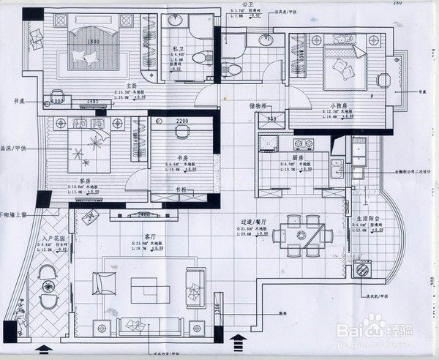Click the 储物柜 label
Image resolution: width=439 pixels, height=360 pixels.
(259, 107)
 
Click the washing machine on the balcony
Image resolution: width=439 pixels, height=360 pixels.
(363, 270)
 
